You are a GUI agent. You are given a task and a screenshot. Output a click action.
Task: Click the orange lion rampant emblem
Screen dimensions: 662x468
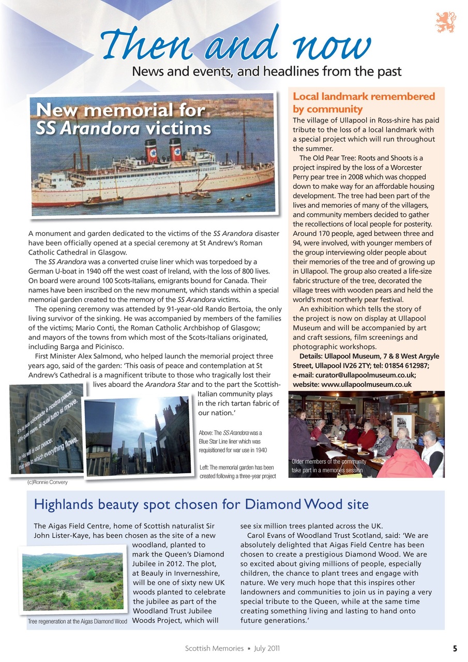click(445, 22)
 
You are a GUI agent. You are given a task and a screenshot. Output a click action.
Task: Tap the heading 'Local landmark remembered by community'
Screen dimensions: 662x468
click(364, 102)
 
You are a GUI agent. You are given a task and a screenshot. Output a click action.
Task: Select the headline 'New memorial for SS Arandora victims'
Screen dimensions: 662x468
click(123, 119)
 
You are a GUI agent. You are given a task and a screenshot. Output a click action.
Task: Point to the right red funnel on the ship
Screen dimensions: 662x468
click(176, 149)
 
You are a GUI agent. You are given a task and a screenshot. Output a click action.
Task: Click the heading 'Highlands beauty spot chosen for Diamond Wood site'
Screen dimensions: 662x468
click(201, 504)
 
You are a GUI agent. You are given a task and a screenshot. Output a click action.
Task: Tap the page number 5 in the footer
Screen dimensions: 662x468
click(455, 648)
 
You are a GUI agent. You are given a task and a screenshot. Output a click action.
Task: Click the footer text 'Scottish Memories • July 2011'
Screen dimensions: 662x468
click(233, 648)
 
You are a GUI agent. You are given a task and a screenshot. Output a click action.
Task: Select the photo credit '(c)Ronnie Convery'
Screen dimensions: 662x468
click(47, 482)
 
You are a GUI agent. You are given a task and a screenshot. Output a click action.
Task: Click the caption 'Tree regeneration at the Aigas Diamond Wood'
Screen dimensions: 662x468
click(78, 621)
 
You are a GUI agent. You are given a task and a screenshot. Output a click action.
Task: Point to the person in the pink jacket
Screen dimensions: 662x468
click(405, 461)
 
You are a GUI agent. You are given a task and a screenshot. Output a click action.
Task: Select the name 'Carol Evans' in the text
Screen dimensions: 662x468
click(268, 535)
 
